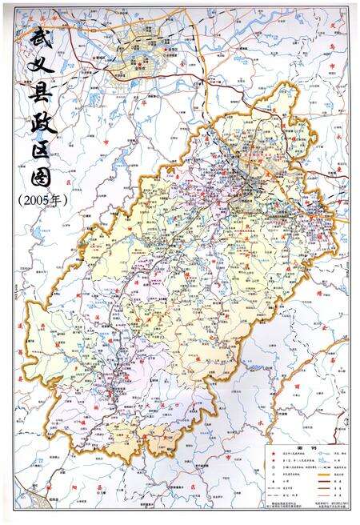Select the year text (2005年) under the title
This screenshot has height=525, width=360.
(42, 200)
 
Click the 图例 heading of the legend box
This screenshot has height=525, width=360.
(306, 449)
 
